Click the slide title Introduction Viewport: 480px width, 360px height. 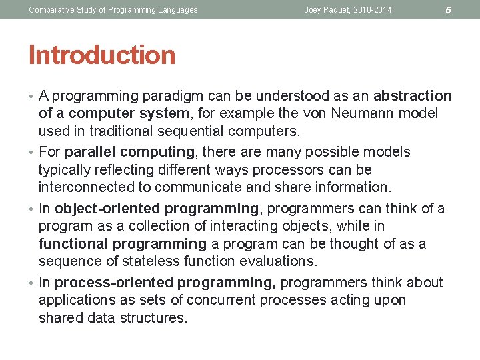click(x=102, y=55)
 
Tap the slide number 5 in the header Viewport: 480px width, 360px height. click(x=448, y=10)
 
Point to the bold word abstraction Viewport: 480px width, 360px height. click(x=413, y=96)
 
